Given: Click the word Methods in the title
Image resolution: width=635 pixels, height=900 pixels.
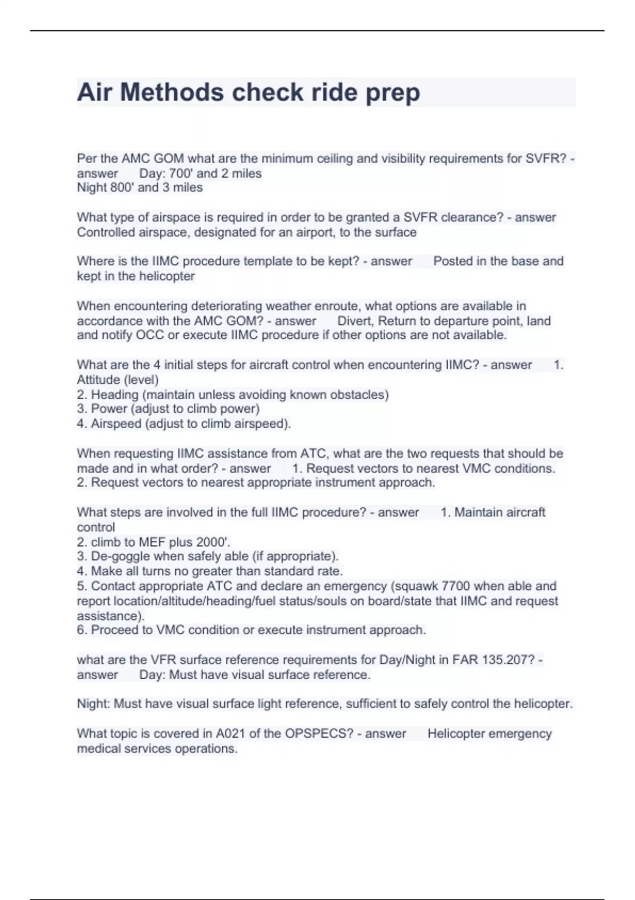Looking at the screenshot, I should (172, 93).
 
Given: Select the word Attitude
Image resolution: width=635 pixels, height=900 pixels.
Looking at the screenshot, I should (98, 380).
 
